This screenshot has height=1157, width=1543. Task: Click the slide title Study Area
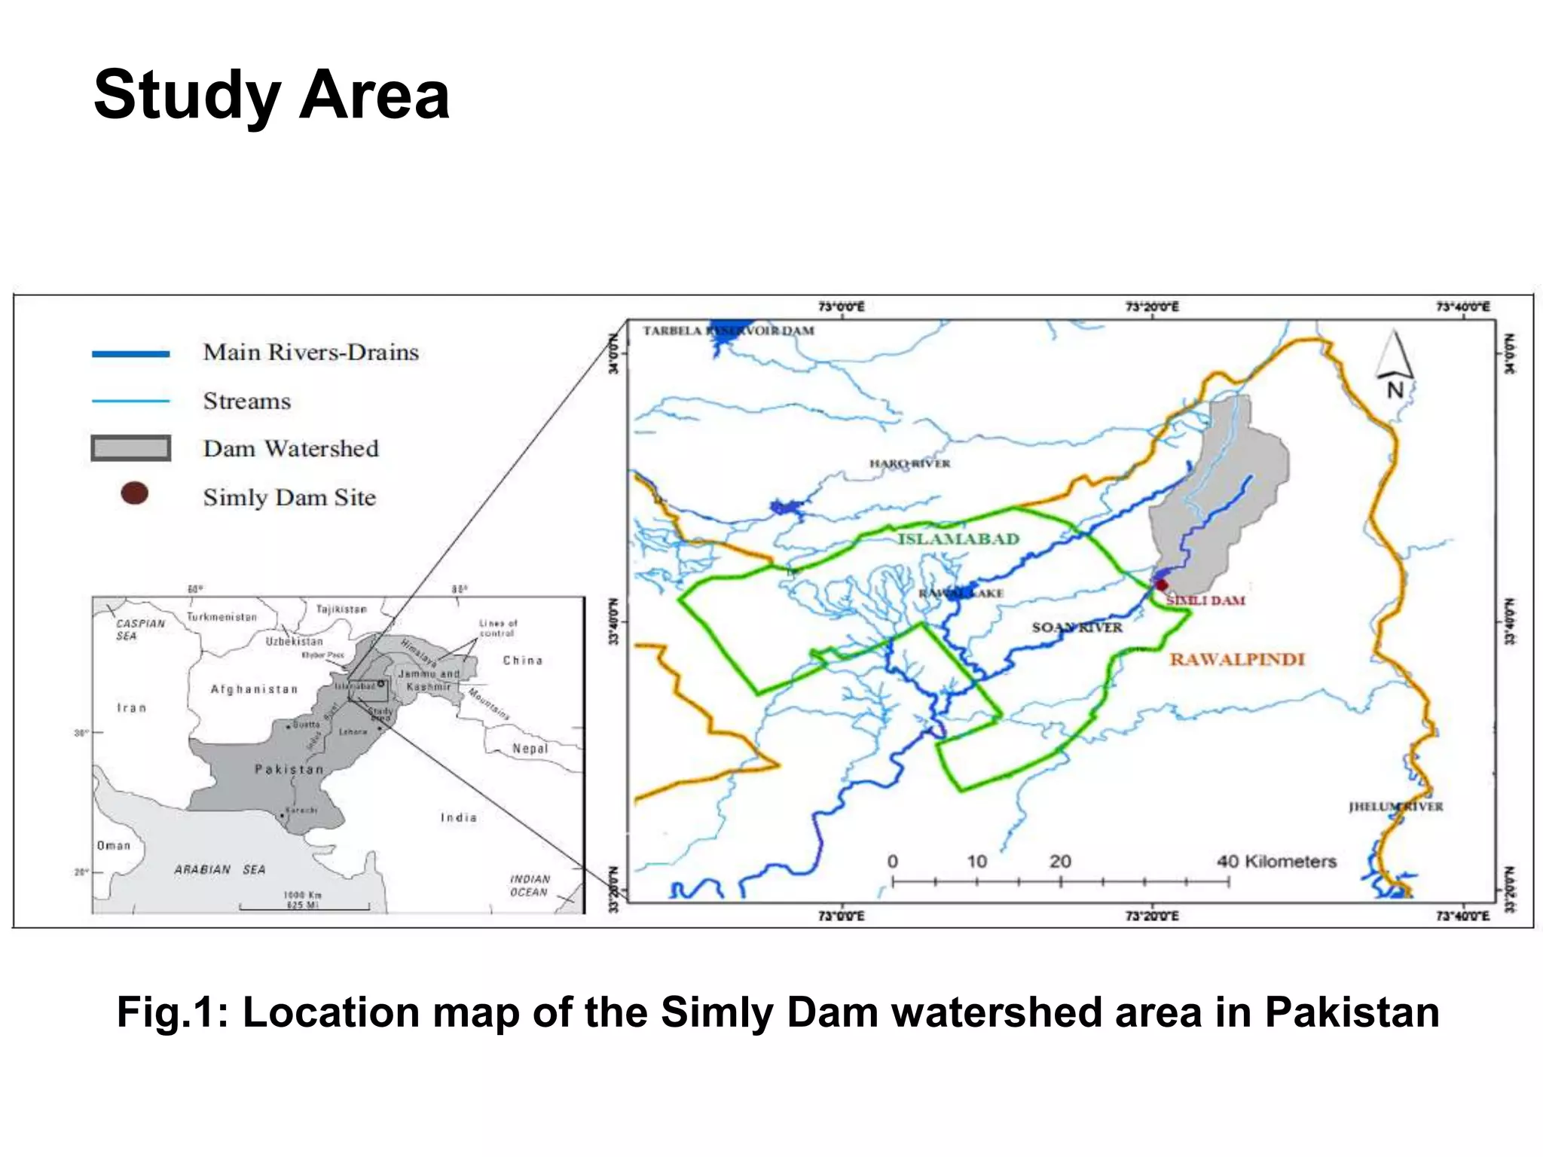[271, 96]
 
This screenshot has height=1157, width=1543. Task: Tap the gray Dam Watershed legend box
[130, 448]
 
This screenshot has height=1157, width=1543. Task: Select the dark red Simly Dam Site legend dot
[134, 494]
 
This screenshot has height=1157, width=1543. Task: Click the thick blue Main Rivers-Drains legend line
[130, 353]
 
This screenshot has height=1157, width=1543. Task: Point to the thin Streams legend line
[130, 401]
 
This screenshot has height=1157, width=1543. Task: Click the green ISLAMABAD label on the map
[958, 539]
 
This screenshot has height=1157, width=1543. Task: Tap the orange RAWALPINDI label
[1236, 660]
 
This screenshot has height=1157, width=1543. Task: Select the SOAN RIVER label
[1077, 627]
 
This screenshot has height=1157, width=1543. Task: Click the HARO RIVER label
[909, 463]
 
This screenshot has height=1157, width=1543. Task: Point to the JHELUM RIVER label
[1395, 807]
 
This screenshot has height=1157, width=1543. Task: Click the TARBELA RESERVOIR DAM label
[728, 331]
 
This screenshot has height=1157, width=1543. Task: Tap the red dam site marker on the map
[1162, 585]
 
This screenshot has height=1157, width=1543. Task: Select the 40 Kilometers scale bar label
[1276, 861]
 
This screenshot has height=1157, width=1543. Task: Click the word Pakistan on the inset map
[289, 769]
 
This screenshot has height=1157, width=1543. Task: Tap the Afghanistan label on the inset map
[254, 689]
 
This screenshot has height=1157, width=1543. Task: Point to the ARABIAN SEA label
[219, 869]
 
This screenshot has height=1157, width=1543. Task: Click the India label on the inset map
[458, 817]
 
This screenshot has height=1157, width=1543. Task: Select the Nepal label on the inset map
[530, 748]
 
